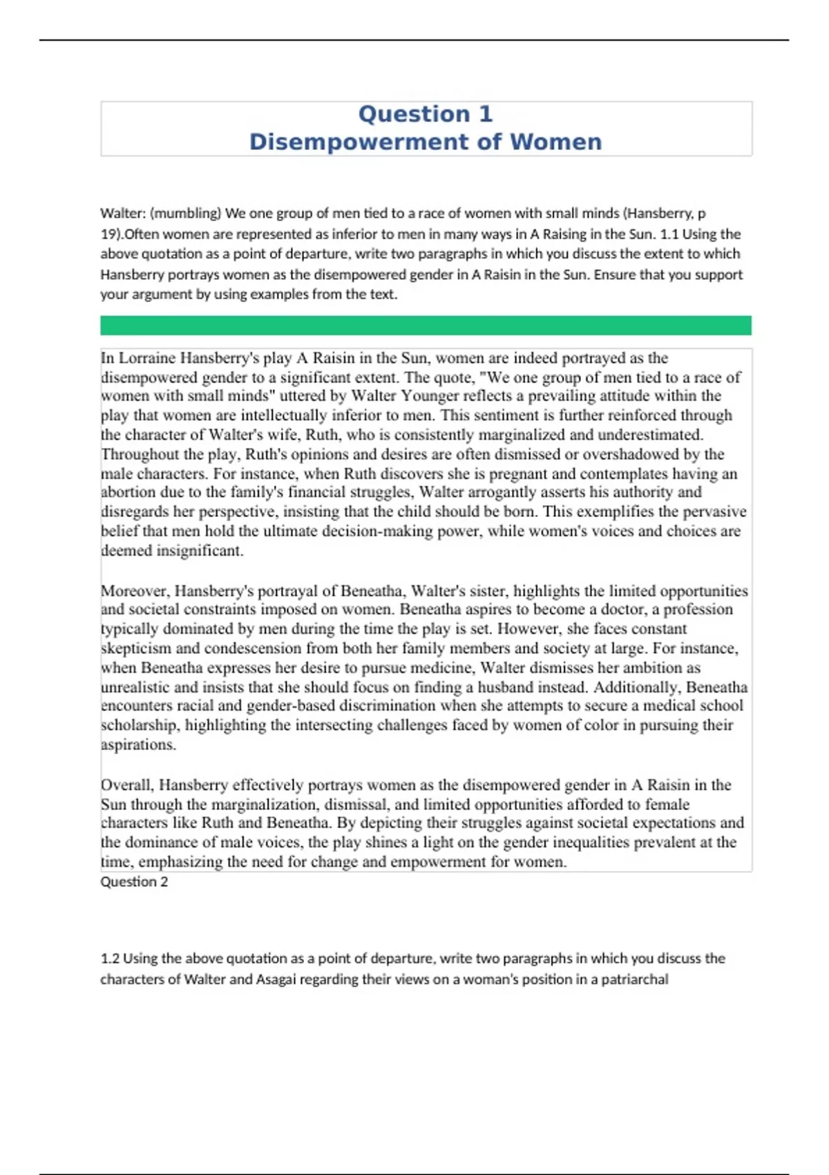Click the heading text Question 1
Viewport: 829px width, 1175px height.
pos(425,114)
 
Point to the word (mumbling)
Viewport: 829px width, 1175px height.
pos(185,214)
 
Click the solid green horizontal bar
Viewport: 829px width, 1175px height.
pos(426,326)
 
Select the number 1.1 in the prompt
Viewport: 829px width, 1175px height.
pos(669,234)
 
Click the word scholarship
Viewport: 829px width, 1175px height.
pos(140,725)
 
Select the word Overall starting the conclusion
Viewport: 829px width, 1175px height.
pos(127,785)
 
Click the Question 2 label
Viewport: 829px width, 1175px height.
pos(134,882)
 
